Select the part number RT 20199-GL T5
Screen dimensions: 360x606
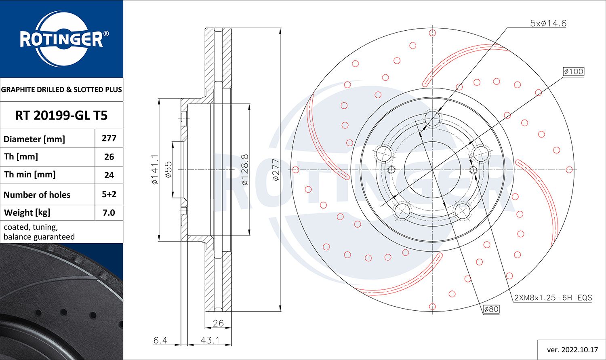click(61, 116)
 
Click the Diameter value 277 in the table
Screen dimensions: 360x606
click(109, 138)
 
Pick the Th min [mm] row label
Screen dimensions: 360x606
click(30, 175)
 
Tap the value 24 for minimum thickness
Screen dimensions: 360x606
click(109, 175)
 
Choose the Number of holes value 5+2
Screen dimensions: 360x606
click(109, 194)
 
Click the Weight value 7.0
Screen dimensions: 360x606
click(109, 213)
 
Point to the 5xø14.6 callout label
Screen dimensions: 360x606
click(548, 23)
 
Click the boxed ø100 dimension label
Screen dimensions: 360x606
click(573, 72)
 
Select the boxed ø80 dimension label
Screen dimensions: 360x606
click(491, 309)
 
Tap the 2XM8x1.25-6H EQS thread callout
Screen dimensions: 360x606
click(553, 298)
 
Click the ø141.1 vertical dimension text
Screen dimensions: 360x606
click(154, 170)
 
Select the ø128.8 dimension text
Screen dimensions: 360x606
click(244, 170)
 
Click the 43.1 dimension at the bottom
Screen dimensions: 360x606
click(210, 341)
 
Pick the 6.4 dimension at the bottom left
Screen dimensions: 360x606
click(160, 341)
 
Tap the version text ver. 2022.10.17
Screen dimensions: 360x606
click(572, 349)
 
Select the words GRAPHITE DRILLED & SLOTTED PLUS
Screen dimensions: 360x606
click(61, 90)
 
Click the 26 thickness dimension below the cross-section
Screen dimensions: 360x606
click(218, 323)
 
